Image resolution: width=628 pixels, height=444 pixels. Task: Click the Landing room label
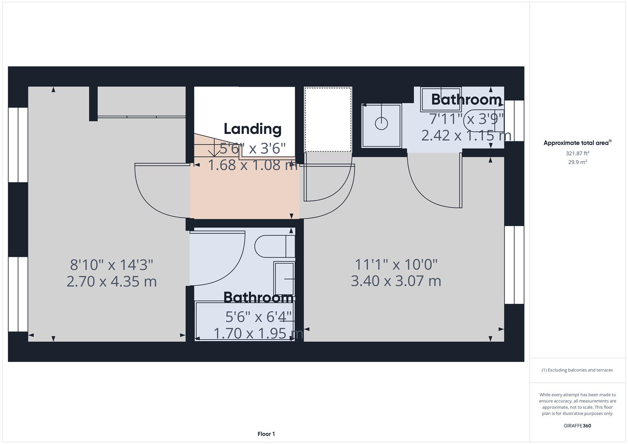[x=252, y=129]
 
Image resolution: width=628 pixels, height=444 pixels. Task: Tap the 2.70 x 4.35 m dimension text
[x=111, y=282]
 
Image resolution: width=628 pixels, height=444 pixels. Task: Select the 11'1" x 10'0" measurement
[x=396, y=264]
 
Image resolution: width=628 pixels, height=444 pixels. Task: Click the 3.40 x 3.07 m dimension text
[x=396, y=281]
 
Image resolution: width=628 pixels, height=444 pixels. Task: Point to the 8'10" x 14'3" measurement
[x=111, y=264]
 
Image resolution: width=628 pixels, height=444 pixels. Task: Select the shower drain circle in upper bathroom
[x=381, y=123]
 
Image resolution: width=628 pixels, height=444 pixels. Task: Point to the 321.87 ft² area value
[x=577, y=153]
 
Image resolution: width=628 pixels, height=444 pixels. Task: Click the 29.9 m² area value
[x=577, y=162]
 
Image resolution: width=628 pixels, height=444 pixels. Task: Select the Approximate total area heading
[x=577, y=143]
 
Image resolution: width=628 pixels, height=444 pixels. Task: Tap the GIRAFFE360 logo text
[x=577, y=425]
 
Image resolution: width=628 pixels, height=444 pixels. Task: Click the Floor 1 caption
[x=266, y=434]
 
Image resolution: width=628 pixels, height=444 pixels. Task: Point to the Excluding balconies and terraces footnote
[x=577, y=370]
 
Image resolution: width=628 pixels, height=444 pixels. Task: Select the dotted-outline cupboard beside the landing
[x=328, y=119]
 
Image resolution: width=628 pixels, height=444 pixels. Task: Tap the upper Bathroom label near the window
[x=466, y=99]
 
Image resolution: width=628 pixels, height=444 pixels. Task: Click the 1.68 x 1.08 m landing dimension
[x=253, y=165]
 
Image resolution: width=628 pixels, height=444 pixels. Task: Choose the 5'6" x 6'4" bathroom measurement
[x=258, y=317]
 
